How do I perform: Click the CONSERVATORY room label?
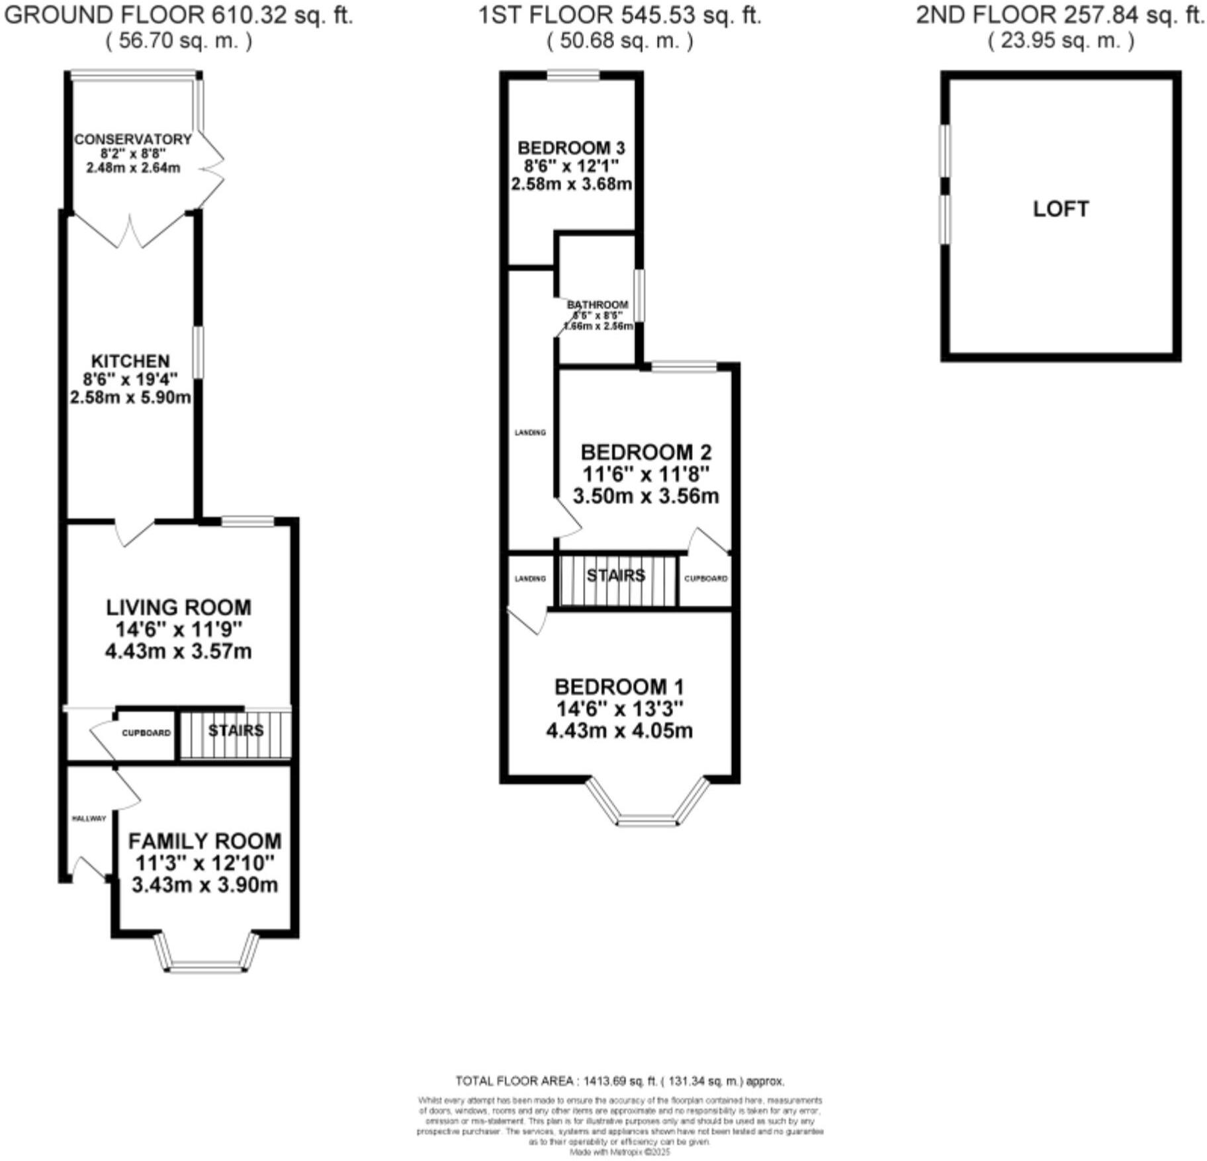(x=132, y=140)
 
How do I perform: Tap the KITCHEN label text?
(x=130, y=361)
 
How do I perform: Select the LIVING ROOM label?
(x=179, y=607)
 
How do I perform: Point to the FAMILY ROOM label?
(x=204, y=841)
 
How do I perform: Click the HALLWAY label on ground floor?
(x=89, y=818)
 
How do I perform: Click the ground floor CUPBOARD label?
(x=146, y=733)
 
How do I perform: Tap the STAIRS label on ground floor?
(x=236, y=730)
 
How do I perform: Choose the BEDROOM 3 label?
(x=571, y=148)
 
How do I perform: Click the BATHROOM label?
(x=597, y=305)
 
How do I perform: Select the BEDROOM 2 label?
(x=646, y=452)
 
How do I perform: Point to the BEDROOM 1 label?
(x=619, y=687)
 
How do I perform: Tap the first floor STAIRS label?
(x=615, y=576)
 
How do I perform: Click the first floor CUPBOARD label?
(x=705, y=578)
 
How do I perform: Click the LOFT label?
(x=1061, y=209)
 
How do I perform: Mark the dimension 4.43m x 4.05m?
(x=619, y=731)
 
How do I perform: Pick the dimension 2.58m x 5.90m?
(x=130, y=398)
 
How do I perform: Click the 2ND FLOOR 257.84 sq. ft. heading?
(x=1060, y=15)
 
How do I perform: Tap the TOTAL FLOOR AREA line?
(x=619, y=1081)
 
